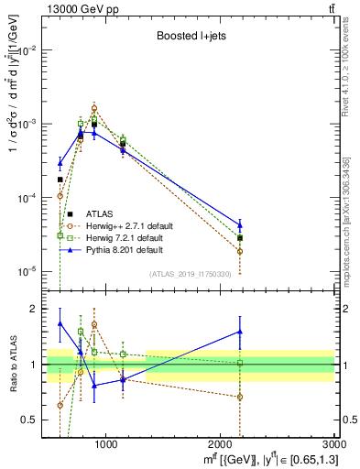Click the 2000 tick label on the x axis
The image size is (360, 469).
point(221,446)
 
